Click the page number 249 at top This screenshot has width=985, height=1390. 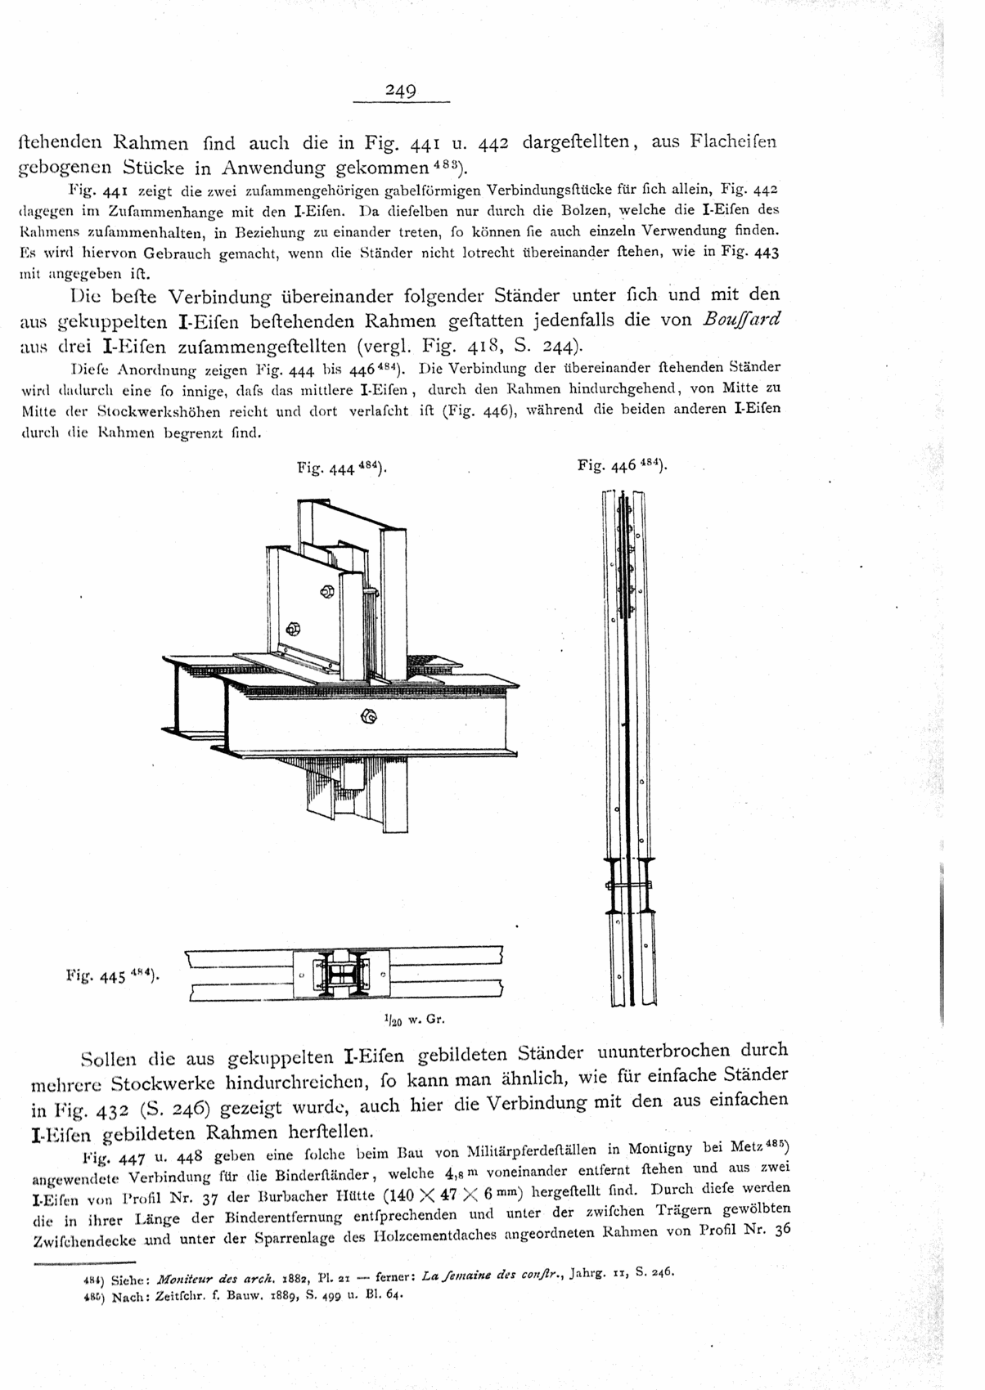[401, 91]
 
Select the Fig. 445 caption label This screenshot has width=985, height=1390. [112, 975]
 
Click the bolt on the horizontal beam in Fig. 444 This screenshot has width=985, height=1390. [368, 717]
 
